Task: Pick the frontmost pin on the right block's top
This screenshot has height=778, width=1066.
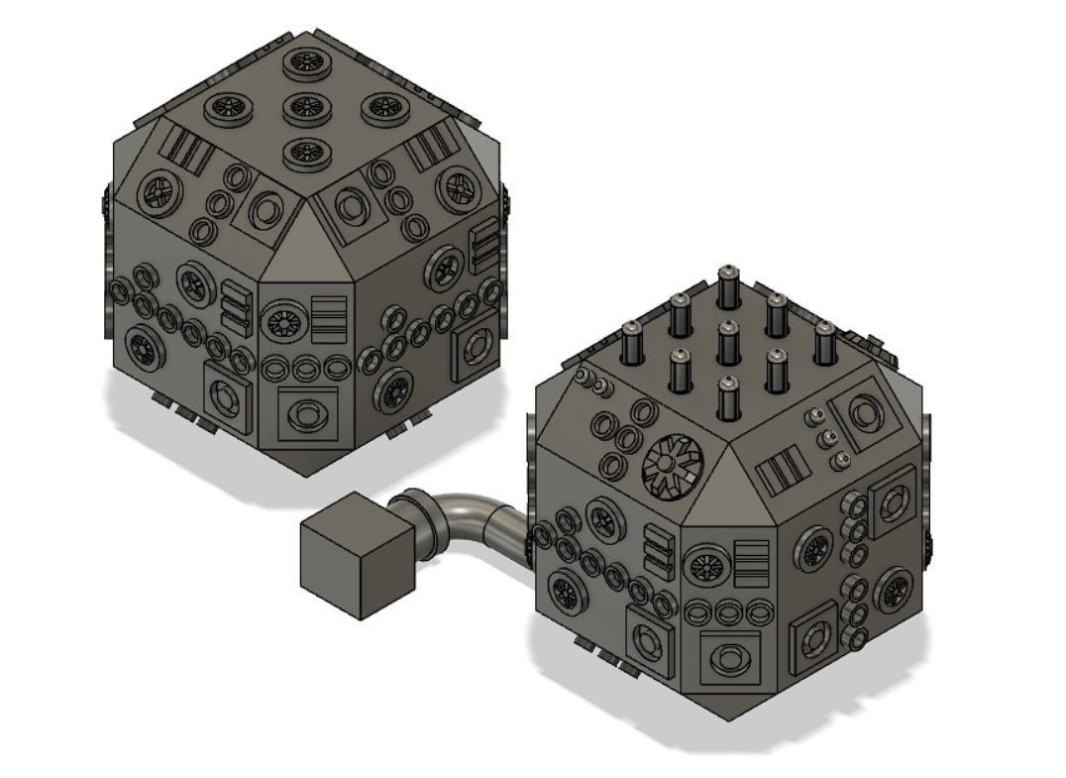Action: [x=728, y=399]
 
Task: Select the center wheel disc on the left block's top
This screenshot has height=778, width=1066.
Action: [x=306, y=107]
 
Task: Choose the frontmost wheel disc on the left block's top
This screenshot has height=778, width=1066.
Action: [x=307, y=153]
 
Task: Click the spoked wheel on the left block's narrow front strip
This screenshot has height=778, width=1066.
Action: [x=281, y=321]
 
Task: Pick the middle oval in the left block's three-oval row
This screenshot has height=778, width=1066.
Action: [x=305, y=369]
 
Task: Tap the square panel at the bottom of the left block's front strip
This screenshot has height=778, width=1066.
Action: [x=307, y=414]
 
